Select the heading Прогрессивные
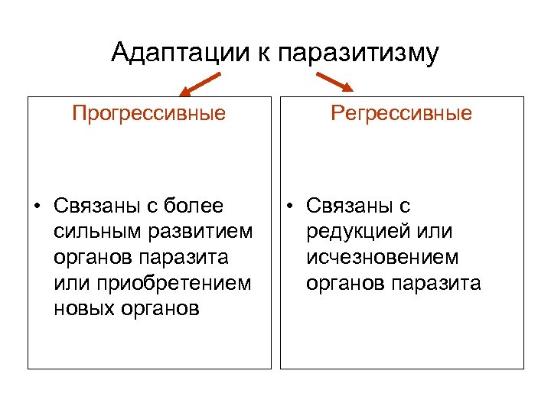point(149,114)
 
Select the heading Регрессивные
point(402,114)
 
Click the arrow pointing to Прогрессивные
point(200,83)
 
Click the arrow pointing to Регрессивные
point(333,82)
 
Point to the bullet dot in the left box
point(36,206)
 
